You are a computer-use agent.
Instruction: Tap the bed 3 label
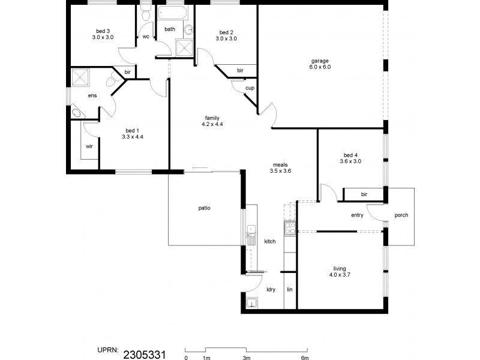[x=103, y=31]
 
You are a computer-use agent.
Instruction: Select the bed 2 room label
[x=226, y=32]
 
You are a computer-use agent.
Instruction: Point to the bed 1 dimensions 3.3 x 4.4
[x=132, y=137]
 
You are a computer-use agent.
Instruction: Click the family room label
[x=212, y=118]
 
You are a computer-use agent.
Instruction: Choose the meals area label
[x=280, y=164]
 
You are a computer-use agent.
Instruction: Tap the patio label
[x=204, y=208]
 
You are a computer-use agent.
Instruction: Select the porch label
[x=401, y=215]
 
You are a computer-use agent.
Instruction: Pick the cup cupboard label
[x=249, y=88]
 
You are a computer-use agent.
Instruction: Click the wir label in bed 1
[x=89, y=146]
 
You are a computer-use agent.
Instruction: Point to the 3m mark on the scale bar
[x=246, y=358]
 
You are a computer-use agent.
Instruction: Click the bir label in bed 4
[x=364, y=194]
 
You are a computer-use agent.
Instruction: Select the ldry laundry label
[x=271, y=290]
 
